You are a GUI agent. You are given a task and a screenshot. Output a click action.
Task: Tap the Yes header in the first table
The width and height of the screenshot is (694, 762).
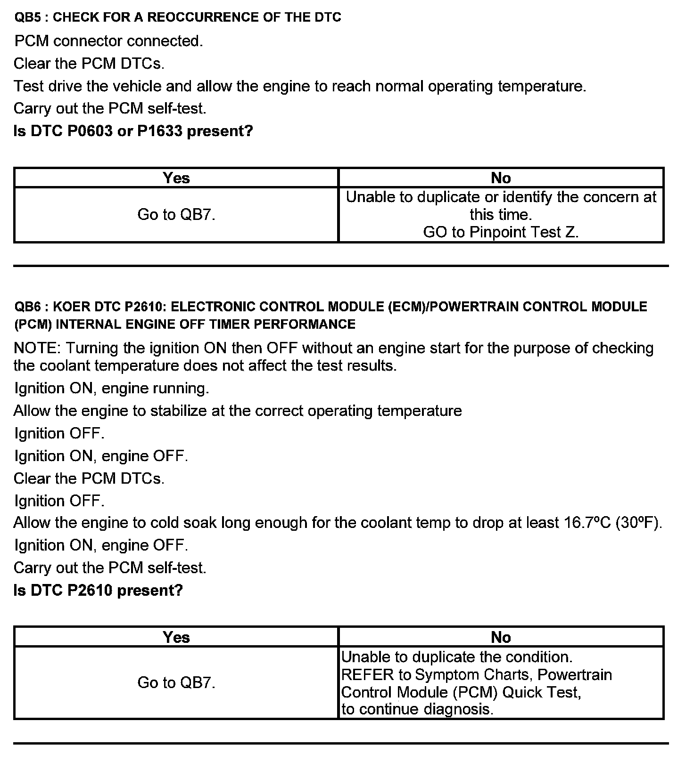click(176, 178)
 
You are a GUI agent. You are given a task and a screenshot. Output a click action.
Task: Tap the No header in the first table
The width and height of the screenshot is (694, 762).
click(501, 178)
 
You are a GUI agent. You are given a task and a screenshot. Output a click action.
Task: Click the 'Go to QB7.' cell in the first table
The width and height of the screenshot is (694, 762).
click(176, 215)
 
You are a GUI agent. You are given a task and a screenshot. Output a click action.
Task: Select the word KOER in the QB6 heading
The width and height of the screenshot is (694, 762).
click(71, 307)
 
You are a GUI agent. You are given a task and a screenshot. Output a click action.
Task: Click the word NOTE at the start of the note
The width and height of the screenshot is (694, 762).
click(36, 348)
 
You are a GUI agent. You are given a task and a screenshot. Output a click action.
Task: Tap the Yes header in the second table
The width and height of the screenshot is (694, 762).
click(176, 637)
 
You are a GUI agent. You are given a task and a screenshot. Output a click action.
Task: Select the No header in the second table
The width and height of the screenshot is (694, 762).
click(501, 637)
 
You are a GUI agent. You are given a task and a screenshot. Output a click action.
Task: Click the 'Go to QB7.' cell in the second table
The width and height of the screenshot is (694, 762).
click(176, 682)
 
